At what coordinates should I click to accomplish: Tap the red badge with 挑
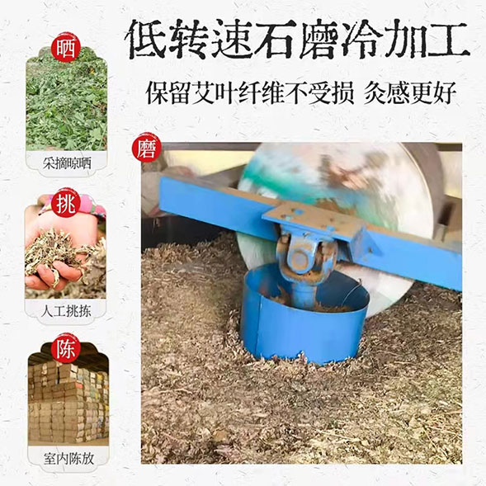[x=66, y=204]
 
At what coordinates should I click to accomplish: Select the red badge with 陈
[x=66, y=350]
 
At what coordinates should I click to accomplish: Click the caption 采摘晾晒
[x=67, y=163]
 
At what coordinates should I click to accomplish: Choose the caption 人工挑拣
[x=66, y=311]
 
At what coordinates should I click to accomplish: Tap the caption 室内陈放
[x=68, y=459]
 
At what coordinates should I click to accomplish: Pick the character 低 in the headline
[x=147, y=39]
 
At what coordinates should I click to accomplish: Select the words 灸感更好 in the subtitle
[x=410, y=92]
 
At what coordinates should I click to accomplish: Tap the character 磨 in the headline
[x=317, y=39]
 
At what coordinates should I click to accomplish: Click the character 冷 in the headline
[x=361, y=39]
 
